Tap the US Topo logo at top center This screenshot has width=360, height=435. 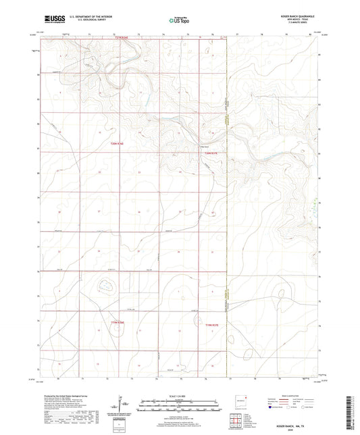(177, 21)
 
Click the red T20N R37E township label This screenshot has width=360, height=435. (211, 154)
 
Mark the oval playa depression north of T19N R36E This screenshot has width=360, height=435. (106, 286)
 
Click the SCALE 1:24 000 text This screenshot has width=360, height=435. (178, 396)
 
